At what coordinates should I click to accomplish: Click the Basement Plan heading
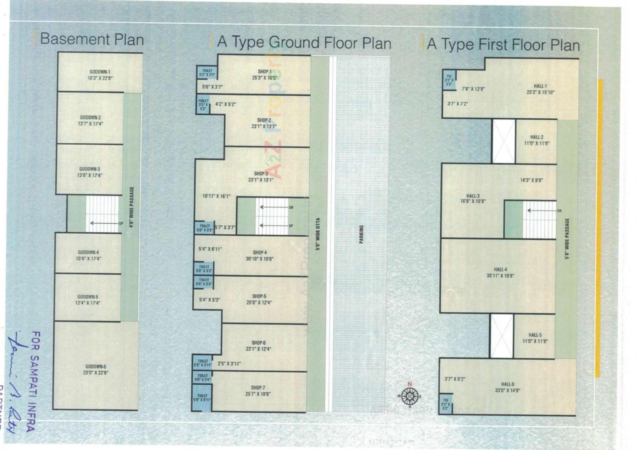pyautogui.click(x=92, y=39)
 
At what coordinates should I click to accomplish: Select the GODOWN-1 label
pyautogui.click(x=100, y=72)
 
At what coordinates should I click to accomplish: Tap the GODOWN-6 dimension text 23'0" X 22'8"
pyautogui.click(x=96, y=373)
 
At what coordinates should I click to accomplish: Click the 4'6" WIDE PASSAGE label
pyautogui.click(x=131, y=207)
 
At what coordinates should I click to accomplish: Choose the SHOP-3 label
pyautogui.click(x=260, y=174)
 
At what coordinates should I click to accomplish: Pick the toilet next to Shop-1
pyautogui.click(x=207, y=73)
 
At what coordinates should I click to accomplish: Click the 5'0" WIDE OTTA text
pyautogui.click(x=318, y=234)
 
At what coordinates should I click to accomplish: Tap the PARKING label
pyautogui.click(x=361, y=234)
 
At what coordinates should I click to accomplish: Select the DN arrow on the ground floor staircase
pyautogui.click(x=275, y=207)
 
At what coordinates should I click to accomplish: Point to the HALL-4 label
pyautogui.click(x=500, y=270)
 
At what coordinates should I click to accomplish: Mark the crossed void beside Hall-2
pyautogui.click(x=504, y=141)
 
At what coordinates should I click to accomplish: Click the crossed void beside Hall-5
pyautogui.click(x=502, y=336)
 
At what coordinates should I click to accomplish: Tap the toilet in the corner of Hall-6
pyautogui.click(x=445, y=404)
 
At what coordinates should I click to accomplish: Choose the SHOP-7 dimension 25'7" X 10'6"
pyautogui.click(x=258, y=394)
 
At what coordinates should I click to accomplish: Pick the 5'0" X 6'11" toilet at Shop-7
pyautogui.click(x=202, y=398)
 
